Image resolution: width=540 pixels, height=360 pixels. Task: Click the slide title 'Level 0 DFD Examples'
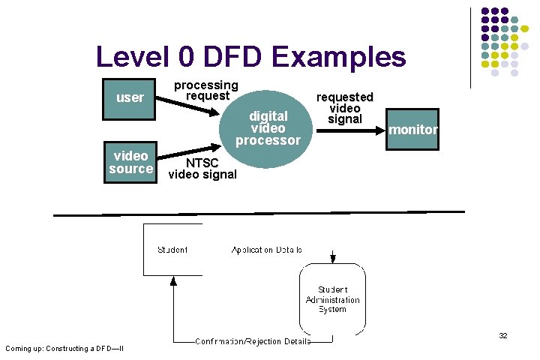tap(250, 57)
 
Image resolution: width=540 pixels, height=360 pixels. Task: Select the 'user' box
tap(130, 97)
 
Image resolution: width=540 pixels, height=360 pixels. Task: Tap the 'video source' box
tap(130, 162)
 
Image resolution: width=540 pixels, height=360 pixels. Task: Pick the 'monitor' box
tap(412, 130)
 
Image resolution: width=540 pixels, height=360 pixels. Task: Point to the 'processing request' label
tap(206, 90)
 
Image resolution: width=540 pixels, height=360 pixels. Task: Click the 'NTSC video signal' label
tap(202, 169)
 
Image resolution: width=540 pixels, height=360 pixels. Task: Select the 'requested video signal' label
tap(345, 108)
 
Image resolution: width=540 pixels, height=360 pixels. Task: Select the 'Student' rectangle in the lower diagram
tap(172, 249)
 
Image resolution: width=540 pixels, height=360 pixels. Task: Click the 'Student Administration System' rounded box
tap(332, 299)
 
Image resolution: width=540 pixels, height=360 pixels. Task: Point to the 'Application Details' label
tap(266, 250)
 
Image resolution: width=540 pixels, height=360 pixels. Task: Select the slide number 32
tap(503, 336)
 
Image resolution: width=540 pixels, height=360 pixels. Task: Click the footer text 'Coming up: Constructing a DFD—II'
tap(64, 348)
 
